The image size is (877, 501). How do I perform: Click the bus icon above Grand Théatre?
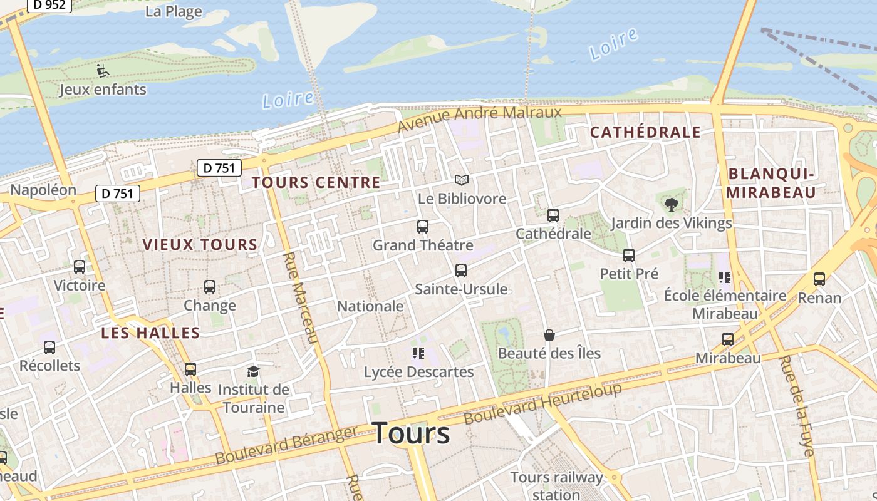coord(423,227)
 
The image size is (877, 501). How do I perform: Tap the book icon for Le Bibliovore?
coord(462,180)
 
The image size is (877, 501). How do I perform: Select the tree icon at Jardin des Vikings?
coord(672,204)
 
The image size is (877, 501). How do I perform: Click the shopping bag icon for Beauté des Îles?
coord(549,335)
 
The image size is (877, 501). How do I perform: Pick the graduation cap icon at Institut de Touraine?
coord(253,371)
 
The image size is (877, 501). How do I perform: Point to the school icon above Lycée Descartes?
coord(418,353)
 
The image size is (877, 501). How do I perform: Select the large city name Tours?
coord(411,433)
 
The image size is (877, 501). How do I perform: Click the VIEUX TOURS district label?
coord(200,245)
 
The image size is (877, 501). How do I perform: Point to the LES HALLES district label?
coord(150,333)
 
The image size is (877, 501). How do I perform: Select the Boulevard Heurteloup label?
coord(543,403)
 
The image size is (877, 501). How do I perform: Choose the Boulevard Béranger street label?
coord(286,445)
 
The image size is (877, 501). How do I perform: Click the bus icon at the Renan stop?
coord(819,279)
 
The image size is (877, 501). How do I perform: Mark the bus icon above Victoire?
coord(80,267)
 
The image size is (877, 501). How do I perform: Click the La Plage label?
coord(174,11)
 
